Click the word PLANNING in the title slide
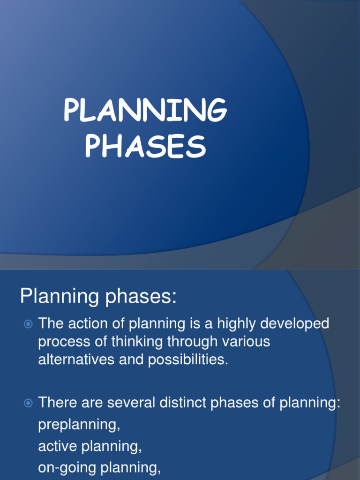click(x=145, y=111)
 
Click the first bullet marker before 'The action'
click(x=28, y=323)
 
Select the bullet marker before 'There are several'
click(x=28, y=402)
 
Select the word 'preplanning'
click(x=78, y=425)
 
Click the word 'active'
click(x=58, y=447)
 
